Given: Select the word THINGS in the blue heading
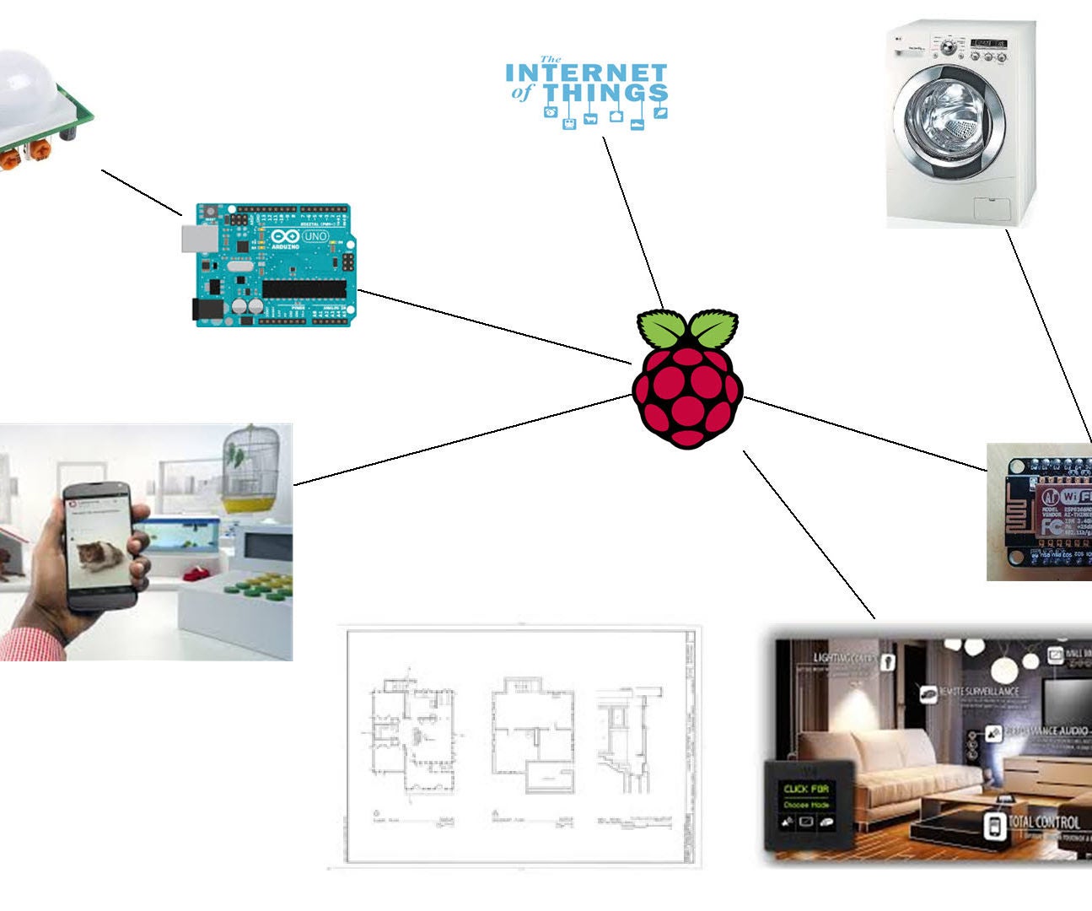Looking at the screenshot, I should pos(605,93).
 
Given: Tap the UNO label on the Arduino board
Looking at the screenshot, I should pos(315,236).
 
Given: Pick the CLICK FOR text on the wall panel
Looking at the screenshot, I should pos(806,790).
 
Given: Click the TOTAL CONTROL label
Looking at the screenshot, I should pos(1043,822).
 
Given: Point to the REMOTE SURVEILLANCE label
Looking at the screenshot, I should pos(978,692).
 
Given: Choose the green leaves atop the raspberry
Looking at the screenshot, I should pos(687,329).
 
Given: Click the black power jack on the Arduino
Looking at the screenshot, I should pos(207,310).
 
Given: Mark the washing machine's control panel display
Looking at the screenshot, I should pos(988,42).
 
